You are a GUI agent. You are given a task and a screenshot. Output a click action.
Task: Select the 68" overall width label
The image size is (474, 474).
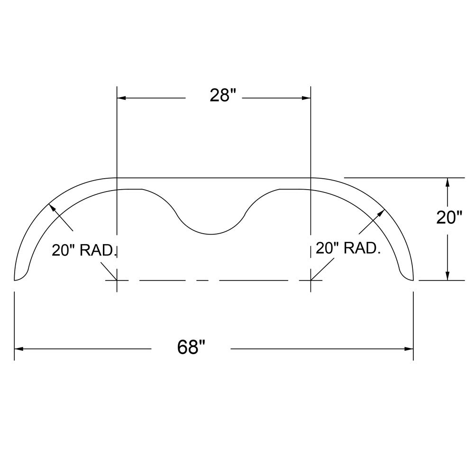191,347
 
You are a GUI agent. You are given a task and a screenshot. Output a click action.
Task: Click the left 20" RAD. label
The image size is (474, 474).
84,250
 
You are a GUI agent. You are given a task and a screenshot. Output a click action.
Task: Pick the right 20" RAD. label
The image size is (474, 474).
348,247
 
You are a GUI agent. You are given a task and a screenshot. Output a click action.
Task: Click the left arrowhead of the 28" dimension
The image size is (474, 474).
121,98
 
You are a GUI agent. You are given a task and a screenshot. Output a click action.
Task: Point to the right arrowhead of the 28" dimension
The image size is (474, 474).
306,98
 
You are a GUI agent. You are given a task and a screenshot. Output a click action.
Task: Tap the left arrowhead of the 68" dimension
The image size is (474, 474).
19,349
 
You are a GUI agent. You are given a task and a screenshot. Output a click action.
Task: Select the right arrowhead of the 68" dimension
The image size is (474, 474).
409,349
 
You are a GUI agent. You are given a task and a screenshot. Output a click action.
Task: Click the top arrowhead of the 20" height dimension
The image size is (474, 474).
447,182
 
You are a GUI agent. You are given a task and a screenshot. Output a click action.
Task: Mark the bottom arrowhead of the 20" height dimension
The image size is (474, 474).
447,276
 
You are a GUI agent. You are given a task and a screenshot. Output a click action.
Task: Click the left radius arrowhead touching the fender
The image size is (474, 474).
51,207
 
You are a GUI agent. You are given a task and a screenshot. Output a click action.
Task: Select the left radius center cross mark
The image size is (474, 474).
117,280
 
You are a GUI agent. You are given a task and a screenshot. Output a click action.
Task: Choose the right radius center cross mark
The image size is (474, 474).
310,280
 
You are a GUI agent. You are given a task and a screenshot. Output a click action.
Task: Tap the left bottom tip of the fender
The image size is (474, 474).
16,280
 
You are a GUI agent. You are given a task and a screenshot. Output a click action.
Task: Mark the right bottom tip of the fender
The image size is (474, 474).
413,280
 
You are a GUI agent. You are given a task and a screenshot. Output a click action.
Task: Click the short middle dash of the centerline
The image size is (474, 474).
202,280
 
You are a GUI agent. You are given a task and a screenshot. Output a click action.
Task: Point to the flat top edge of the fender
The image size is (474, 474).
213,178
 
